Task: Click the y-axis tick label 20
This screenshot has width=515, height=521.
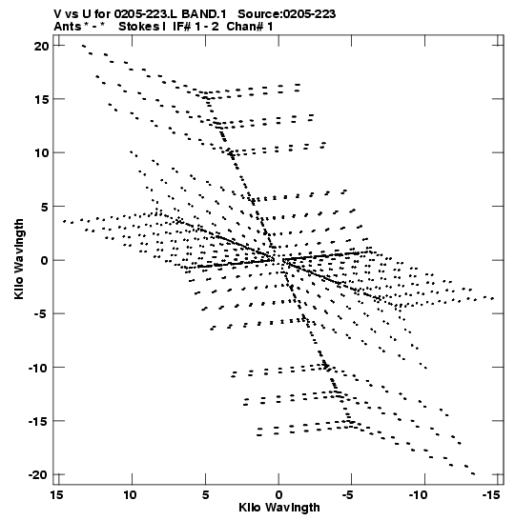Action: click(x=41, y=46)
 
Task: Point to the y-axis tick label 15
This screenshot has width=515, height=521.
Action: click(x=41, y=99)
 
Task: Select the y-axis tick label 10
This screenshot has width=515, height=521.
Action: click(x=41, y=153)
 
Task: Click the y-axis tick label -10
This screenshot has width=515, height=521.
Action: click(x=38, y=368)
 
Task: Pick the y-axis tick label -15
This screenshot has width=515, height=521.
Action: click(x=38, y=421)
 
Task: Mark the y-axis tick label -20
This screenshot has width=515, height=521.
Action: click(x=38, y=475)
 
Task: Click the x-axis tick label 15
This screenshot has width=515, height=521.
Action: click(x=57, y=495)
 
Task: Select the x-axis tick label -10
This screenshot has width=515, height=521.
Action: click(x=418, y=495)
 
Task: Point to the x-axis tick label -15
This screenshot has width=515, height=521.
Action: click(x=490, y=495)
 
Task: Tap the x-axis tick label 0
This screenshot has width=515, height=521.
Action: click(x=278, y=495)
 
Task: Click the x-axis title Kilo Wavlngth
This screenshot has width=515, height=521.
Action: click(x=279, y=508)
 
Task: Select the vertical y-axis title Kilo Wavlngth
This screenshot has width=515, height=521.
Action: click(x=19, y=259)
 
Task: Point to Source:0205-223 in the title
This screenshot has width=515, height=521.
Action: click(x=286, y=14)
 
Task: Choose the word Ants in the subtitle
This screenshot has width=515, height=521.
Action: click(x=67, y=27)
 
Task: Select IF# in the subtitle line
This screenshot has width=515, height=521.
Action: click(x=181, y=27)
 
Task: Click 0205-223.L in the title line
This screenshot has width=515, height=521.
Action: click(x=146, y=14)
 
